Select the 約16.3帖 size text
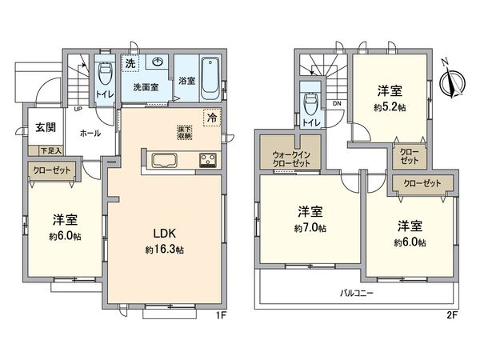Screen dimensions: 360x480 [165, 250]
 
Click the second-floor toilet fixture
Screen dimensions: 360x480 [309, 102]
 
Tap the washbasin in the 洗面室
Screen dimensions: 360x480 [158, 63]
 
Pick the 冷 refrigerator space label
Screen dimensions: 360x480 [212, 118]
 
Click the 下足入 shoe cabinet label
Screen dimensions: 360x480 [46, 150]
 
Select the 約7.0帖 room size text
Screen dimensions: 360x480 [309, 228]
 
